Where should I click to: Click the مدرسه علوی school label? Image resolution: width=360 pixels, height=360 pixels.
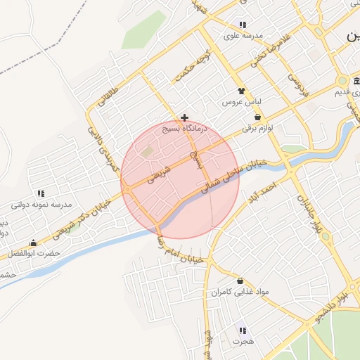[243, 35]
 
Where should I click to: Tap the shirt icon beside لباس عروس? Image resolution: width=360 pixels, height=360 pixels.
[242, 91]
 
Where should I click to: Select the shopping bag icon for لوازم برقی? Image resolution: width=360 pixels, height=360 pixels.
[257, 117]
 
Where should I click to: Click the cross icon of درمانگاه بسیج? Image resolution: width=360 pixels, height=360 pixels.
[184, 117]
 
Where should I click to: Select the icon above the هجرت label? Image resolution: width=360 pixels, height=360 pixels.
[242, 330]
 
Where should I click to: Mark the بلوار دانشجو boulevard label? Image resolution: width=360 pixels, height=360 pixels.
[330, 300]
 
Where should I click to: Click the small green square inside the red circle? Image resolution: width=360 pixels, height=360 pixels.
[146, 151]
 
